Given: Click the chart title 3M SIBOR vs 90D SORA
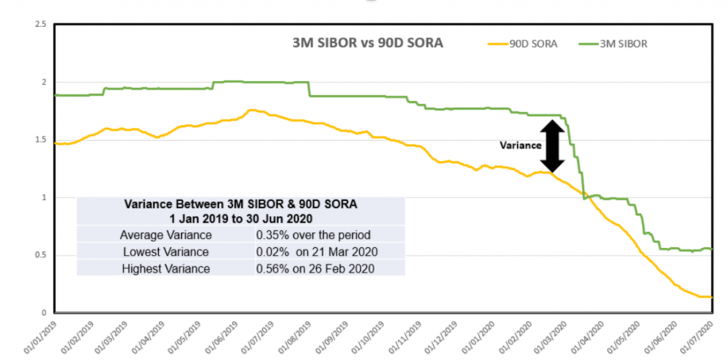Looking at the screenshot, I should (368, 43).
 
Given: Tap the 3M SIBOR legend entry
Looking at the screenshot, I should (625, 44).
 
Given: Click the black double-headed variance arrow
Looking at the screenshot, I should (553, 146).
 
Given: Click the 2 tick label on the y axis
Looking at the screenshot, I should (44, 82).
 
